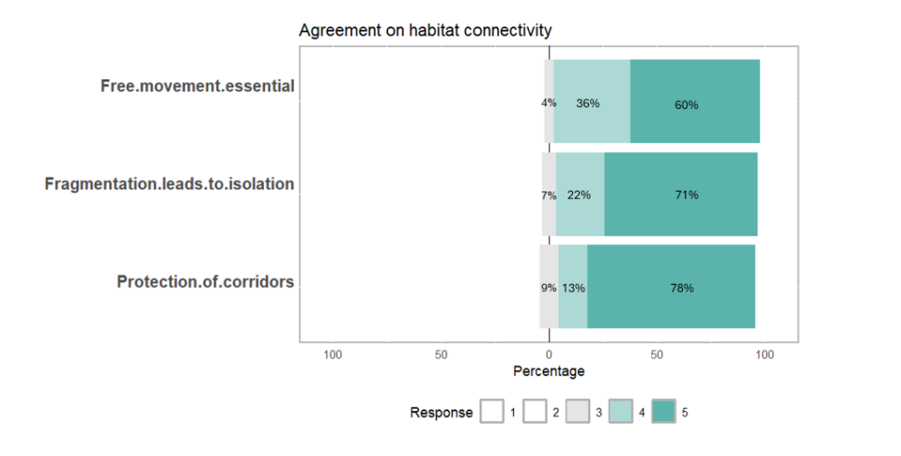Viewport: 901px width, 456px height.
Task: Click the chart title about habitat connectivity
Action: pos(425,31)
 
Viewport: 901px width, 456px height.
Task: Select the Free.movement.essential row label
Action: pos(197,86)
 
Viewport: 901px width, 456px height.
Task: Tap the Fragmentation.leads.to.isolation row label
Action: pos(169,185)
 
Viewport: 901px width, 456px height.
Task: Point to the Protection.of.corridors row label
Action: pos(205,282)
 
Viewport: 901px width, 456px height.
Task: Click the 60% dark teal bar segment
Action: pos(695,101)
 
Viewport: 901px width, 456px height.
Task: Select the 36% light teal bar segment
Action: pos(591,101)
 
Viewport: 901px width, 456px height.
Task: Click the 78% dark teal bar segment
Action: pos(670,286)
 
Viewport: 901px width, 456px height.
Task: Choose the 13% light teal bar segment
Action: pos(573,286)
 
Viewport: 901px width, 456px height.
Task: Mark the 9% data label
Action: pos(548,287)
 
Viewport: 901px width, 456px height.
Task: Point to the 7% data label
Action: pos(548,195)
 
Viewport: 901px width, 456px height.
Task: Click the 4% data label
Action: pos(548,103)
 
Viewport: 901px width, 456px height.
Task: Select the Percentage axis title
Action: pos(548,372)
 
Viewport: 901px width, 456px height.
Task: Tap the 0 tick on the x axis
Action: pos(548,355)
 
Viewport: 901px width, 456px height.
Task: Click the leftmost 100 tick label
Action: pos(333,355)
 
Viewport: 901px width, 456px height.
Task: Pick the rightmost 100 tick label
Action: pos(765,355)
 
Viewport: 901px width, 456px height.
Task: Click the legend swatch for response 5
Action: pos(663,412)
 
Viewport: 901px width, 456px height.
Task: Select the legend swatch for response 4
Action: pos(621,412)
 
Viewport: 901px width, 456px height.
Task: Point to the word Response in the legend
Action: pos(441,412)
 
